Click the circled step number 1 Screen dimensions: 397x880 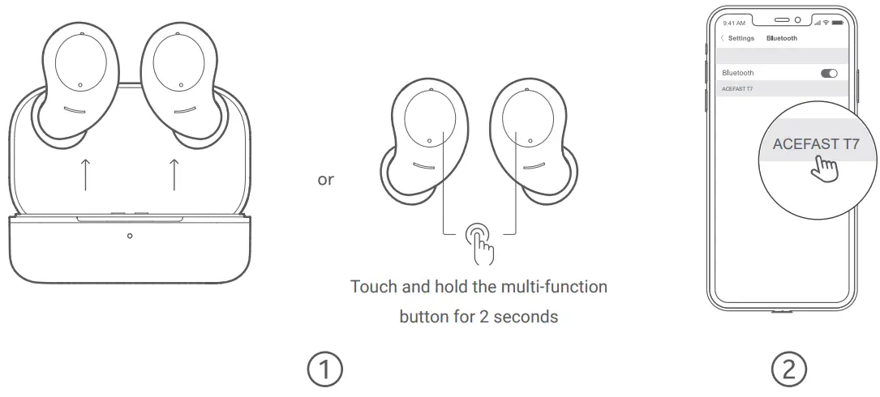click(x=324, y=369)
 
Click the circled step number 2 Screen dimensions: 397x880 click(x=788, y=369)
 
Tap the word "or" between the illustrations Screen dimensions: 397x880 click(x=325, y=180)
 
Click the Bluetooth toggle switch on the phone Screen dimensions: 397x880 click(x=829, y=73)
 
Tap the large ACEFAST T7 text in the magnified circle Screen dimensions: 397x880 click(x=815, y=144)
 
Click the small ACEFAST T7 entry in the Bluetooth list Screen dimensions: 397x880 click(x=737, y=88)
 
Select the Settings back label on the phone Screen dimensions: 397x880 click(x=740, y=38)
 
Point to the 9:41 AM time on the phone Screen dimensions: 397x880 click(x=733, y=23)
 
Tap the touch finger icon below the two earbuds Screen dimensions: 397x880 click(x=479, y=241)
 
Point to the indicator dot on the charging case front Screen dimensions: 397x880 click(x=130, y=236)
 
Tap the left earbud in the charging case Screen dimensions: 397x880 click(x=75, y=85)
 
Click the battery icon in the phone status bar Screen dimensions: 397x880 click(x=836, y=23)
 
